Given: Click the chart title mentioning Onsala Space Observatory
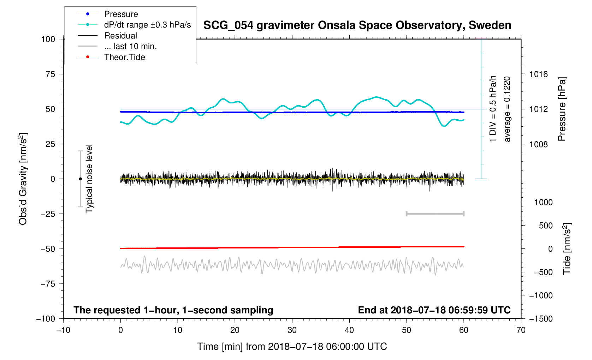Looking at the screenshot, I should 357,25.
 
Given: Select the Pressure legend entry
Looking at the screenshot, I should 121,14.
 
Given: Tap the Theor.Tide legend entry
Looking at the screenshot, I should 124,57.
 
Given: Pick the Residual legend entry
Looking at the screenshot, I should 120,36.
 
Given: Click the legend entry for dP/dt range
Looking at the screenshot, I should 147,25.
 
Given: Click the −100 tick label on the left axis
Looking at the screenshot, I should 46,319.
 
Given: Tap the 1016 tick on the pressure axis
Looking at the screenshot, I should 538,74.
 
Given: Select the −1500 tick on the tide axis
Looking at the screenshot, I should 540,319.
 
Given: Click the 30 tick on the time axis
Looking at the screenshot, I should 292,330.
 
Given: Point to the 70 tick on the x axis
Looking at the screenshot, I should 521,330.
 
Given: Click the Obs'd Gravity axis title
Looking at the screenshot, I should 23,179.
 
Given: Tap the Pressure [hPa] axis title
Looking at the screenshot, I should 562,109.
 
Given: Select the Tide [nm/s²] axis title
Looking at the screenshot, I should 567,249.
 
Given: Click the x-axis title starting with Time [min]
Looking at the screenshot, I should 292,347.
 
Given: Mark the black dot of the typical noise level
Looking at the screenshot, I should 80,179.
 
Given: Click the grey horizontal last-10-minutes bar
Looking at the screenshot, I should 435,214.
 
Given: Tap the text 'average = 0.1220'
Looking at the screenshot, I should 507,109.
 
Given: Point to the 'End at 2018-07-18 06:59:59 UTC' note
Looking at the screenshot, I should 434,310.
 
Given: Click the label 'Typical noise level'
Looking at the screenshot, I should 89,179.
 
